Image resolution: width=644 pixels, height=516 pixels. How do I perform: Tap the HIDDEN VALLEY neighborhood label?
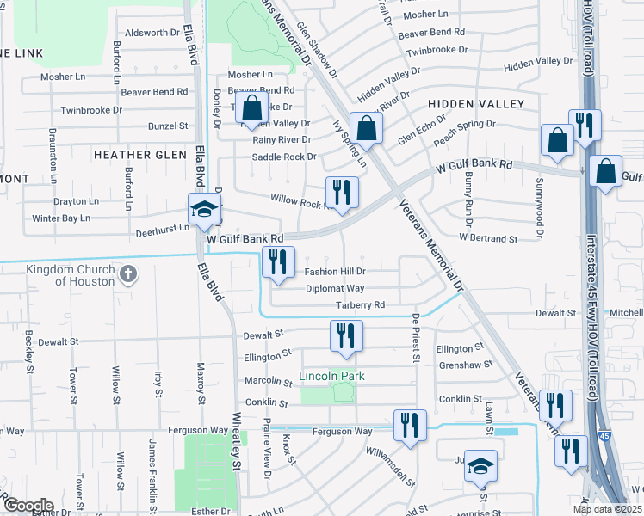[x=481, y=104]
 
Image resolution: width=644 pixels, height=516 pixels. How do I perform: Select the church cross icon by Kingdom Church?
[x=127, y=274]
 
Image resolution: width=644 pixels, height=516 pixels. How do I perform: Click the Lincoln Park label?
[x=332, y=376]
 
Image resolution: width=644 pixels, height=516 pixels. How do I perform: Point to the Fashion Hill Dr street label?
[x=336, y=272]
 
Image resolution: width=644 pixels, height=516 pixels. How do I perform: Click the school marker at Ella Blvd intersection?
[x=205, y=210]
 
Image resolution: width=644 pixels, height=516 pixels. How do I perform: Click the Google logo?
[x=28, y=506]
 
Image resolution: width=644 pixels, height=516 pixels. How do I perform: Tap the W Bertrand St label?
[x=488, y=237]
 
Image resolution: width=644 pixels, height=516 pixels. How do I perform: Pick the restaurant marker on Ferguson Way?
[x=409, y=426]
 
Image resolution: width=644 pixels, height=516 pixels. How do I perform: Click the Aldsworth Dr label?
[x=151, y=33]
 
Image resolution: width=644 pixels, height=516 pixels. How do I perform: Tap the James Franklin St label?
[x=152, y=472]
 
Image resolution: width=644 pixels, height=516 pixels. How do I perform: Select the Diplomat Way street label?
[x=335, y=289]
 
